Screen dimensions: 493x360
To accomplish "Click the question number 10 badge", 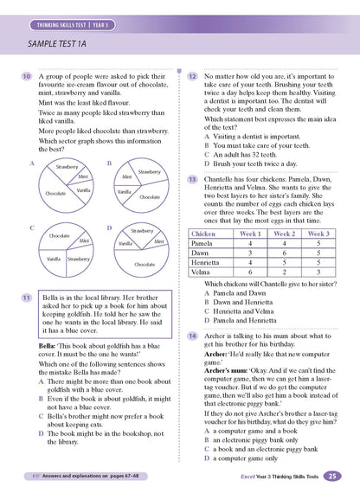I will [x=26, y=78].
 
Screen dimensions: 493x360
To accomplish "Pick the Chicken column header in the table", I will [x=204, y=234].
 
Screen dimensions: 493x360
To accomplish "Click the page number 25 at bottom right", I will [x=334, y=476].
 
